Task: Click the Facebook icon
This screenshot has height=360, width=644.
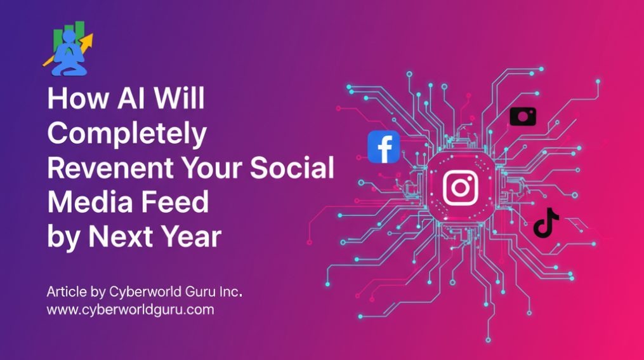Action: click(x=384, y=147)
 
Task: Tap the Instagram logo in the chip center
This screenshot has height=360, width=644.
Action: click(x=461, y=188)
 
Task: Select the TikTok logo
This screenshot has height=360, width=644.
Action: click(x=546, y=223)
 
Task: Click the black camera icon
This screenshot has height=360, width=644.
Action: click(x=523, y=116)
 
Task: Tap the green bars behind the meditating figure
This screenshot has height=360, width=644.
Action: click(x=69, y=36)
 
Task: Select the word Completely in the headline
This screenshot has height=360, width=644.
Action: click(x=127, y=134)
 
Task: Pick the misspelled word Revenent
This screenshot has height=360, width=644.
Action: click(x=110, y=168)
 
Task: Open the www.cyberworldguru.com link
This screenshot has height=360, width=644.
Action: click(x=130, y=309)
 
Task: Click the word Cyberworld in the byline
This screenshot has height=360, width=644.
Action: click(x=145, y=292)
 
